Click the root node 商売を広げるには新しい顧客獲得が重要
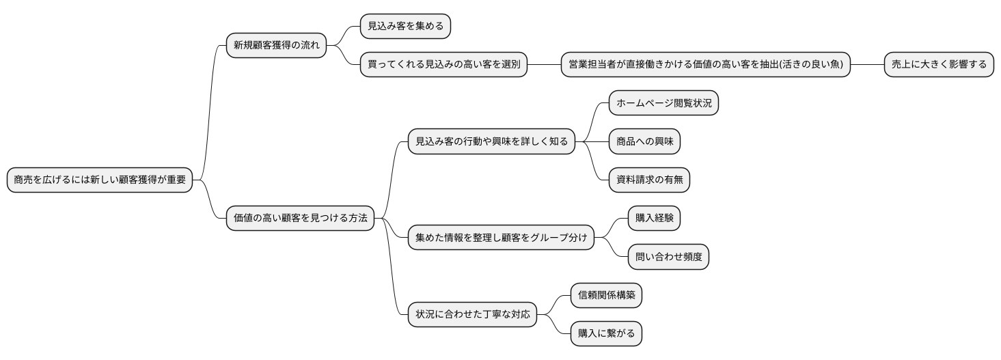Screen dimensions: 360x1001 [99, 181]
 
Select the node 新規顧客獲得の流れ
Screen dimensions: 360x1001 [276, 46]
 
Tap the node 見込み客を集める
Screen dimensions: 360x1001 [406, 27]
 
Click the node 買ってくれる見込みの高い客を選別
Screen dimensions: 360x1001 [443, 65]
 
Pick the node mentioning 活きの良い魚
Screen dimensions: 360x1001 [706, 65]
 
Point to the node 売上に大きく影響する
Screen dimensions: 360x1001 [939, 65]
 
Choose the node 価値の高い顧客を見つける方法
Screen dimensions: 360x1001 [300, 219]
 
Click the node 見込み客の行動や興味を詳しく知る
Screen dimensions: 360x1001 [490, 142]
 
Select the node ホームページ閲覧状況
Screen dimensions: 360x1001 [663, 104]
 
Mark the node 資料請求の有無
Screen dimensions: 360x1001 [649, 180]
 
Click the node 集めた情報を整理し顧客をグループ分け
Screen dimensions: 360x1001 [500, 238]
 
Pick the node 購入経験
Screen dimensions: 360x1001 [654, 219]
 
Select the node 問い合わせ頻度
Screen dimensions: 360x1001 [668, 258]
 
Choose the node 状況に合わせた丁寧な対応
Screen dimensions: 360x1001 [472, 315]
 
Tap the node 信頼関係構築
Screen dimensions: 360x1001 [606, 295]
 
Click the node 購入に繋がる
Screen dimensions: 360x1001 [606, 334]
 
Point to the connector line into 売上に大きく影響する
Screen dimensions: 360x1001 [867, 65]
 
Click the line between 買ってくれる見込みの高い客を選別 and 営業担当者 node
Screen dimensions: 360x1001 [544, 65]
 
